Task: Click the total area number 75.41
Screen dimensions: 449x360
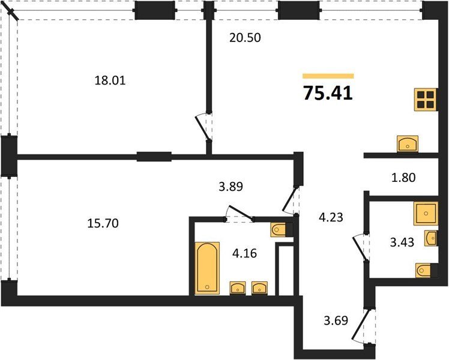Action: (328, 93)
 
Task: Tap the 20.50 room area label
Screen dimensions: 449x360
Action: (245, 38)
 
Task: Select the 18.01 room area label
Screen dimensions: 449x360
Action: (110, 80)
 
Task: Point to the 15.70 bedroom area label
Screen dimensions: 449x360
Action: (103, 223)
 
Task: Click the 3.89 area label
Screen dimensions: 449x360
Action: (231, 187)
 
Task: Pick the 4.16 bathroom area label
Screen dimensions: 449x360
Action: (244, 253)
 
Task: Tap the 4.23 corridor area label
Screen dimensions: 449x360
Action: (331, 217)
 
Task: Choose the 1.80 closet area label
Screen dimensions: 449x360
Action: (403, 178)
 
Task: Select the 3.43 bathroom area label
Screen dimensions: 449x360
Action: (402, 242)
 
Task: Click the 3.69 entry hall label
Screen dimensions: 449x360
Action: (336, 320)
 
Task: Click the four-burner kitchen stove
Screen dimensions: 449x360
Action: (426, 100)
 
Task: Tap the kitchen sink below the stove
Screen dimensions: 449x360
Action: (408, 144)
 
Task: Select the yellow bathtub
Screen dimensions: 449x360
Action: (208, 268)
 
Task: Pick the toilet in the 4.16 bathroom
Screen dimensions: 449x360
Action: (282, 230)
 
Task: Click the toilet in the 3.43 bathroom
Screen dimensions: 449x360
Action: (427, 271)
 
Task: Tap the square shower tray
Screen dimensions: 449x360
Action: (426, 214)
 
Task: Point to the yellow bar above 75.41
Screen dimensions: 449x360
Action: (328, 76)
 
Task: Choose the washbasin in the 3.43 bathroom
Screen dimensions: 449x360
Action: (430, 238)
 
